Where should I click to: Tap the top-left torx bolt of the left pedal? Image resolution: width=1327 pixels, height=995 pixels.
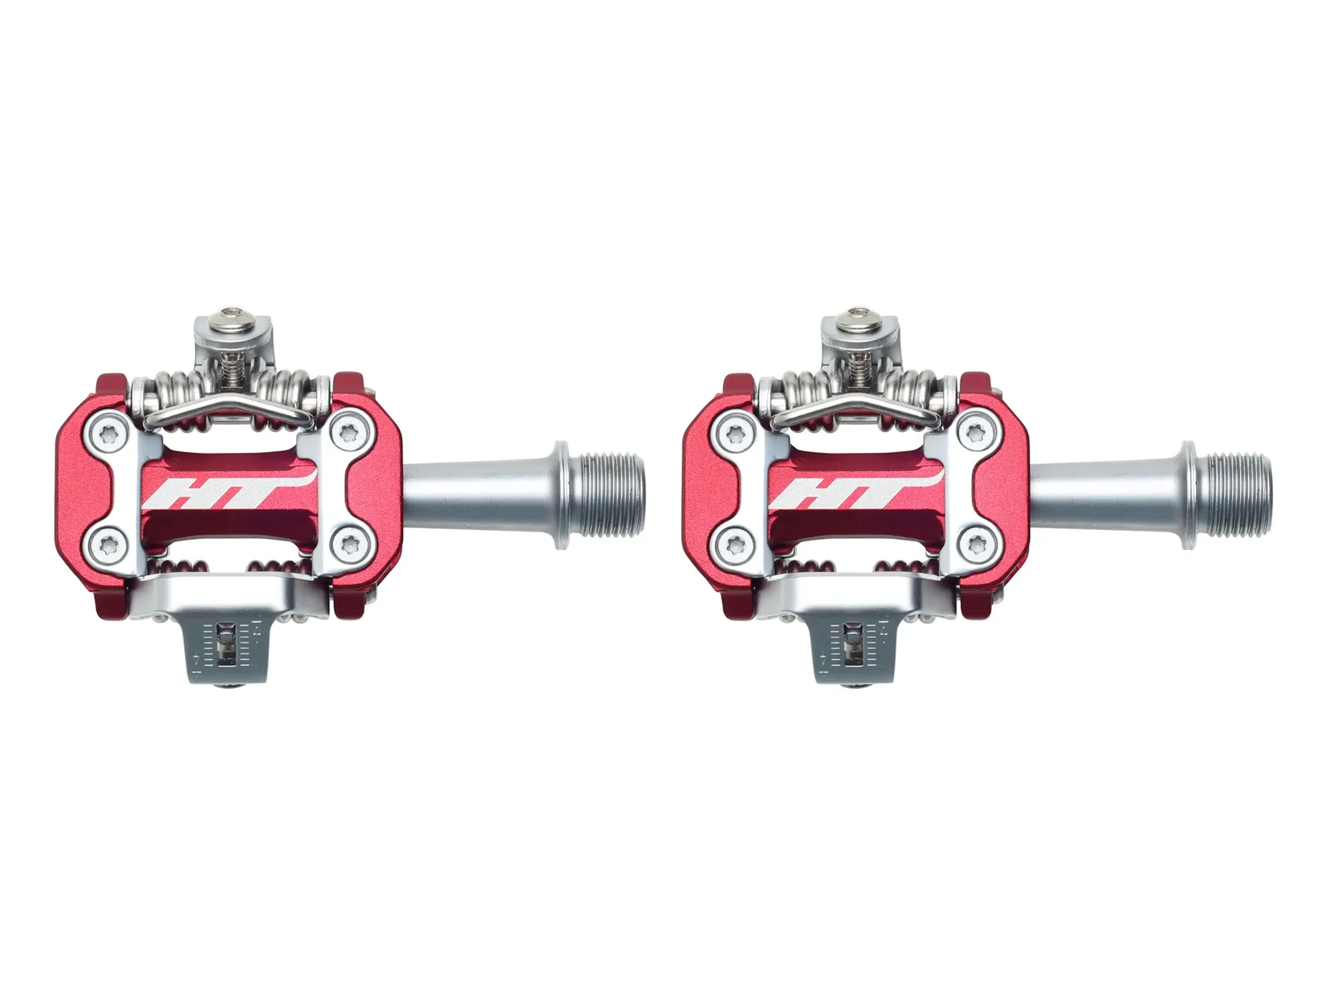(108, 433)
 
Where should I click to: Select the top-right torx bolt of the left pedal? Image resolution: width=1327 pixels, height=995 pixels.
(349, 433)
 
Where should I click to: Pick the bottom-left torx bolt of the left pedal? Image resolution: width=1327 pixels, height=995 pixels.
(108, 546)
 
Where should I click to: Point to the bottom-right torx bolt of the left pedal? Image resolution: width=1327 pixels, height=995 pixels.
(349, 546)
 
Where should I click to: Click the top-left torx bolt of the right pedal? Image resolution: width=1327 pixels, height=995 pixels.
(736, 433)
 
